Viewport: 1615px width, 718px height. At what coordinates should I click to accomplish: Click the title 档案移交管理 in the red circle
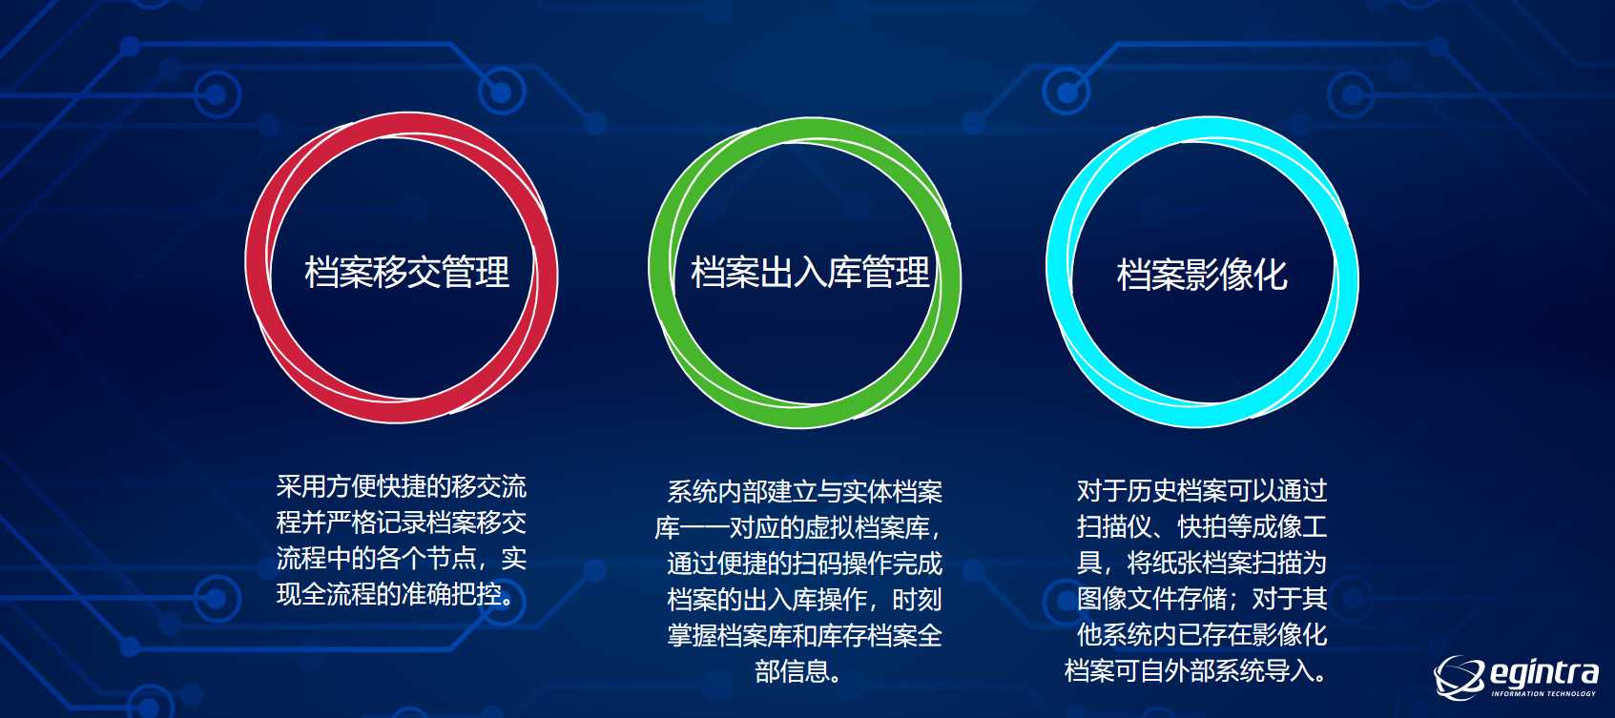click(x=406, y=272)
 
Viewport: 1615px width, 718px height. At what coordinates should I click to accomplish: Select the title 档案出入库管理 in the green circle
click(x=811, y=272)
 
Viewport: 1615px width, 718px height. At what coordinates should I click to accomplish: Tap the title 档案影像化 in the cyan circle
click(x=1202, y=275)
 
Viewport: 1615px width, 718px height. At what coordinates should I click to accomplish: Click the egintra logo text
click(x=1543, y=673)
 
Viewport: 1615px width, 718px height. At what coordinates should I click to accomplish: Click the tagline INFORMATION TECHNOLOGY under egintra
click(x=1543, y=694)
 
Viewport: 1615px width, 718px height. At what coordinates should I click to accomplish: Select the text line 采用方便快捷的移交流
click(x=402, y=486)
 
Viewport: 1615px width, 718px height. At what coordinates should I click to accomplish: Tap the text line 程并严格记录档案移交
click(x=402, y=523)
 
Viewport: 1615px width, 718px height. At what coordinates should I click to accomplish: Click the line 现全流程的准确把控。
click(x=396, y=594)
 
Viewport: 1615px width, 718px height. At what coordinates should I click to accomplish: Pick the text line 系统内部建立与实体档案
click(x=804, y=492)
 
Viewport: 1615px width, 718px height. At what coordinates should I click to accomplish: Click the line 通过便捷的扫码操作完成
click(x=804, y=563)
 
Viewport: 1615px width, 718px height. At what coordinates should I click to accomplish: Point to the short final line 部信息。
click(x=798, y=671)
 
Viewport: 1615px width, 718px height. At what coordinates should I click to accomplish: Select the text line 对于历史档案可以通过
click(x=1202, y=490)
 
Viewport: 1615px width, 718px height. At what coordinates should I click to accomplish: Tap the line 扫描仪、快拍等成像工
click(x=1202, y=526)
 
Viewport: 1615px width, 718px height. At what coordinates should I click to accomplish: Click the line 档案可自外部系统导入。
click(x=1196, y=670)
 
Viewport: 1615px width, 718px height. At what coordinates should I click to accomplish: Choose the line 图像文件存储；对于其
click(x=1202, y=599)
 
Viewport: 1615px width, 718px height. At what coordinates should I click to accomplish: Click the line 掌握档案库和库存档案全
click(x=804, y=635)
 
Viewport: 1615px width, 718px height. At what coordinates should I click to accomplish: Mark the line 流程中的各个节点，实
click(x=402, y=558)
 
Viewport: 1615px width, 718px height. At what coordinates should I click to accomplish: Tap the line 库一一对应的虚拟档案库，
click(x=798, y=527)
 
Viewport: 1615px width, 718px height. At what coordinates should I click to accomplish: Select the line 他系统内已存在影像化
click(x=1202, y=634)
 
